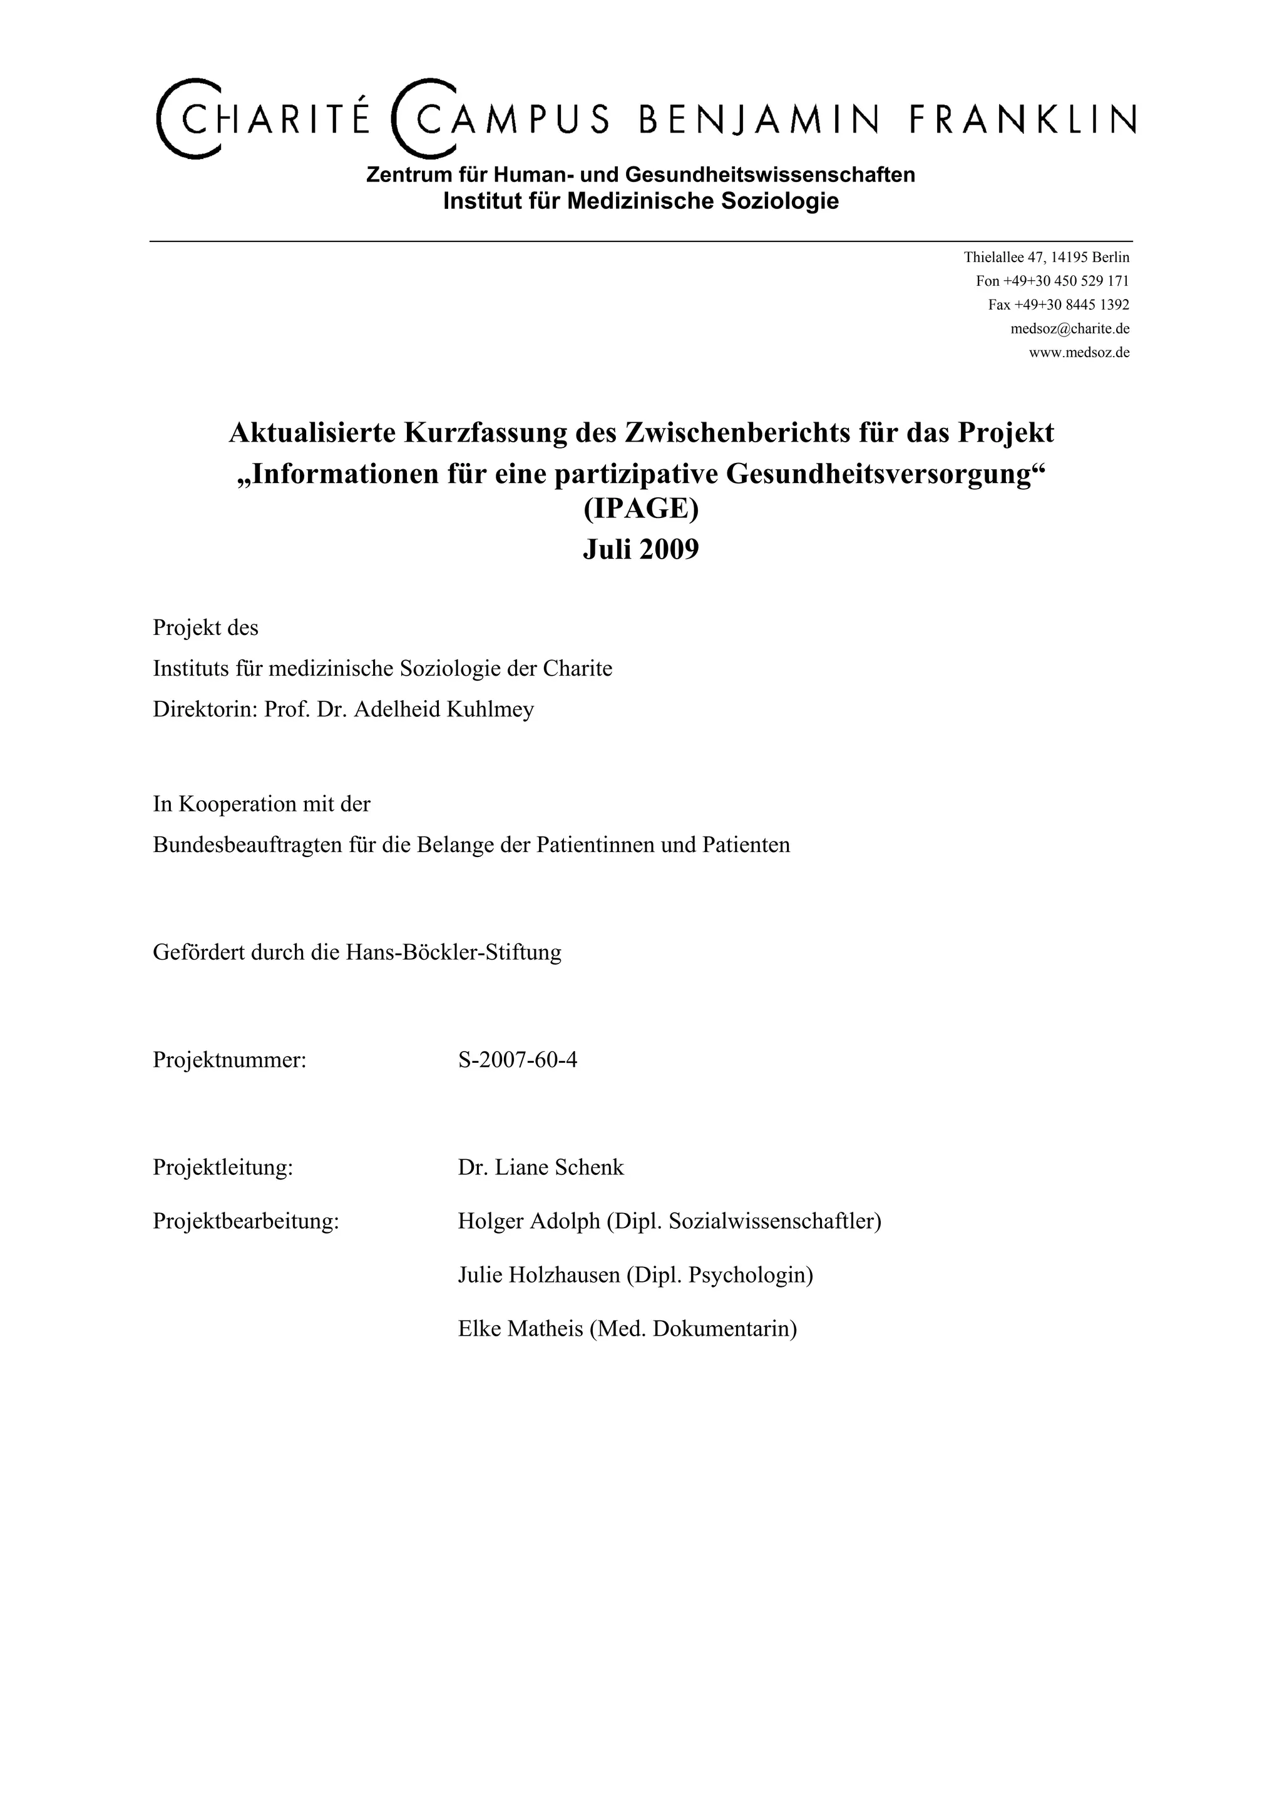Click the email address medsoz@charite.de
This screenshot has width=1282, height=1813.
[x=1070, y=328]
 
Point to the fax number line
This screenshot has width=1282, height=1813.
[x=1059, y=305]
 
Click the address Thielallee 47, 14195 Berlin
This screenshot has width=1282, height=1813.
[x=1046, y=257]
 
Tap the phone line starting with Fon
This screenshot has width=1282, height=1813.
[x=1052, y=281]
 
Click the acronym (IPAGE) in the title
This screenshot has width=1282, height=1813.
[x=640, y=509]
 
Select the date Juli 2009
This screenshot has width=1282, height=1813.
[x=640, y=549]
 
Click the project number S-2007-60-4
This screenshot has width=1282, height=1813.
[x=518, y=1060]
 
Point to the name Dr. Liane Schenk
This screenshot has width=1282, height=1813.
[x=540, y=1167]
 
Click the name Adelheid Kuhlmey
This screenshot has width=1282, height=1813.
[x=444, y=709]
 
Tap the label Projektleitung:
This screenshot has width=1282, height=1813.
[x=223, y=1167]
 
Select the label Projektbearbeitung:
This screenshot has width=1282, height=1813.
[x=245, y=1221]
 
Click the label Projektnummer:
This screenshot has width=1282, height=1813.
[x=229, y=1060]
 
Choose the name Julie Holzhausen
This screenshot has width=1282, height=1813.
[x=539, y=1274]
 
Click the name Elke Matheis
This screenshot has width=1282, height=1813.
[x=521, y=1328]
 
